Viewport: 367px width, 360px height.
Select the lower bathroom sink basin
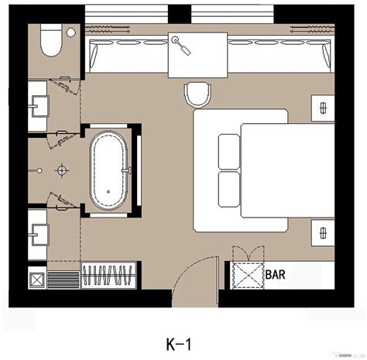pyautogui.click(x=39, y=230)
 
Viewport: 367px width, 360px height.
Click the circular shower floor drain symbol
pyautogui.click(x=61, y=167)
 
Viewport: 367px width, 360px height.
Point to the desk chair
pyautogui.click(x=197, y=94)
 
